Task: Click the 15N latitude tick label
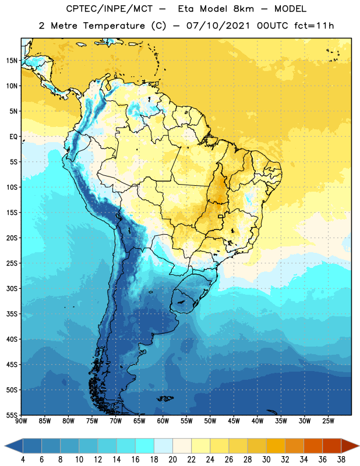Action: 12,61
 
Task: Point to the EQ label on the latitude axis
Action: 13,137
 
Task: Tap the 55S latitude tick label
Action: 12,415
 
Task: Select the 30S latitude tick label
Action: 12,288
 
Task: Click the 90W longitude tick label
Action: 22,421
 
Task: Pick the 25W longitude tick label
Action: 328,421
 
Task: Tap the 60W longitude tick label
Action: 163,421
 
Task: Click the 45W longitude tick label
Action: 234,421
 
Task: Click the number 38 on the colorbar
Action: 341,460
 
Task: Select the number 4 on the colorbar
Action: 23,460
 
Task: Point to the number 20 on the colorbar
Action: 172,460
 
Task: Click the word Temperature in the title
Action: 114,26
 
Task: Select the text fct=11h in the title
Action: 314,26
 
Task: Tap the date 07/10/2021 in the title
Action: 218,26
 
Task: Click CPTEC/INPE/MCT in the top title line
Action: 109,9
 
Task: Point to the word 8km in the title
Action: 243,9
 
